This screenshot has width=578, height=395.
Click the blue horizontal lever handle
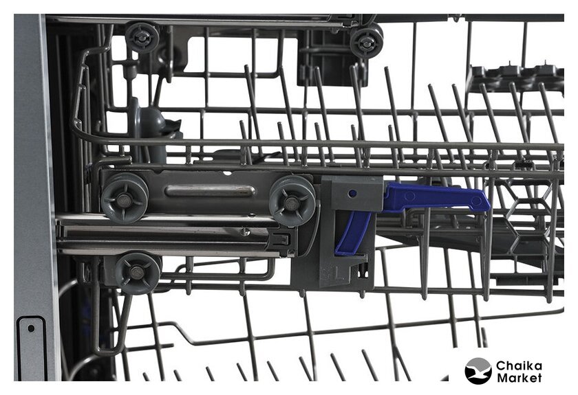click(435, 197)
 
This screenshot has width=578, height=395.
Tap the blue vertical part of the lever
click(353, 233)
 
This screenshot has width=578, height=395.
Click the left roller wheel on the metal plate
click(125, 199)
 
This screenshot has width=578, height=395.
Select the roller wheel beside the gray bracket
click(292, 201)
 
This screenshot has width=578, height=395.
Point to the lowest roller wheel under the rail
click(137, 273)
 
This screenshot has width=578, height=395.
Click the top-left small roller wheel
click(142, 37)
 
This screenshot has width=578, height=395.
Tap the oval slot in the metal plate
click(210, 192)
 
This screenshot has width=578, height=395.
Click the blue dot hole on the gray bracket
click(352, 193)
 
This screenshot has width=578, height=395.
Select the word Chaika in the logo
click(519, 366)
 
